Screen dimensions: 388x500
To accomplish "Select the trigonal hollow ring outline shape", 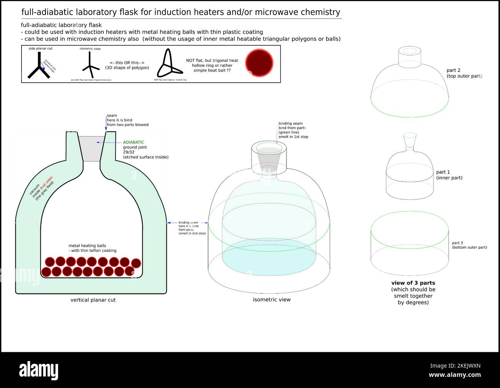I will tap(168, 65).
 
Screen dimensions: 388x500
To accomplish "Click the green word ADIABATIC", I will tap(133, 142).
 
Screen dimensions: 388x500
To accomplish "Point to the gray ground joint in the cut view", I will tap(91, 148).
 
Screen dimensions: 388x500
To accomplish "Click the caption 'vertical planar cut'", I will tap(93, 300).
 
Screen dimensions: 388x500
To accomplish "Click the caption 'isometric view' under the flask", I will tap(272, 300).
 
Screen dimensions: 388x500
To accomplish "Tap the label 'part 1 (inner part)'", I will tap(449, 175).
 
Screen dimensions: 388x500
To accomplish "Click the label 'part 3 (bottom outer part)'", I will tap(469, 245).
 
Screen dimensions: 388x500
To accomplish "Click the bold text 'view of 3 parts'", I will tap(413, 283).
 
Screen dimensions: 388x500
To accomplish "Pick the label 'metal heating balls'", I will tap(87, 246).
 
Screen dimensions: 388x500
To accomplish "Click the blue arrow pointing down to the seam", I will tap(106, 123).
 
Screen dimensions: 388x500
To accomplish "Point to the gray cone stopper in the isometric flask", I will tap(268, 158).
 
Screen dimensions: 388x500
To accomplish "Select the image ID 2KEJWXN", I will tap(455, 366).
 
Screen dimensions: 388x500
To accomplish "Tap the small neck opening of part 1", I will tap(410, 135).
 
